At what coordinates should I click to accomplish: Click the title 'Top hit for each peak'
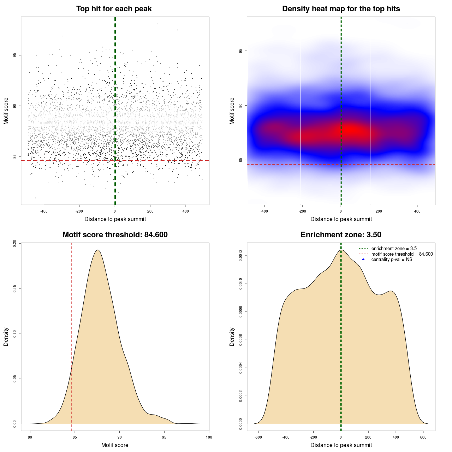coord(114,9)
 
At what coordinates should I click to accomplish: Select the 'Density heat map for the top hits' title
coord(341,9)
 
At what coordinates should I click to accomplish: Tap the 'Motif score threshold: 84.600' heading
coord(115,235)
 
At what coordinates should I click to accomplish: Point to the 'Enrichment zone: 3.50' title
coord(341,235)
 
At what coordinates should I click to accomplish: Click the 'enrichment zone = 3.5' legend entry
coord(394,249)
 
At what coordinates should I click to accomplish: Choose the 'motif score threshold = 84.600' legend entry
coord(402,254)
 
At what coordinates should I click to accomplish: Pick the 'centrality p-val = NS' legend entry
coord(392,260)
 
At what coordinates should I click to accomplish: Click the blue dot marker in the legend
coord(363,260)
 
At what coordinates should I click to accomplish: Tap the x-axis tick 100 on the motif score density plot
coord(209,438)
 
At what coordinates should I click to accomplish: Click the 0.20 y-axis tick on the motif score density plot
coord(14,244)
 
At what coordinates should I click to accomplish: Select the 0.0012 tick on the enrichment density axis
coord(240,255)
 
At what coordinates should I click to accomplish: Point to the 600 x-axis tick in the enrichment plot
coord(423,438)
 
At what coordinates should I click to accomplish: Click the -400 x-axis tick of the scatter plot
coord(44,212)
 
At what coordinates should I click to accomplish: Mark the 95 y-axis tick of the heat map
coord(240,51)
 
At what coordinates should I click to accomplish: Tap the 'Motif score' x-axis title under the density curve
coord(115,445)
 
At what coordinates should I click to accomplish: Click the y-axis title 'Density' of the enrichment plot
coord(232,337)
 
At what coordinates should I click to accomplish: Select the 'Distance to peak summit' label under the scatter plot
coord(115,219)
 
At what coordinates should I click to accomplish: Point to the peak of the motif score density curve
coord(98,250)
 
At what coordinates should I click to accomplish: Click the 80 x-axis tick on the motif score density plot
coord(30,438)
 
